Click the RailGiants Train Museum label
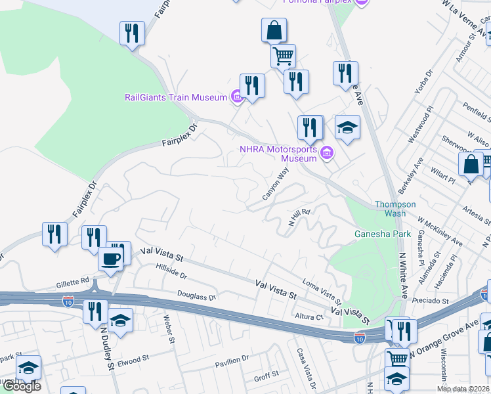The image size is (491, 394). (x=176, y=97)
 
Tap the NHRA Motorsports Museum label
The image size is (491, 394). (x=279, y=154)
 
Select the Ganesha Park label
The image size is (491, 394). (x=383, y=234)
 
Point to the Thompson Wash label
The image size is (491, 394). (x=395, y=209)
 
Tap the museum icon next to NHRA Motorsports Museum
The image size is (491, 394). (x=328, y=154)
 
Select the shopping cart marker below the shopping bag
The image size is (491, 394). (x=283, y=55)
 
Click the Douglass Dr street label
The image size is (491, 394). (x=196, y=297)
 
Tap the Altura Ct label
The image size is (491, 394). (x=310, y=317)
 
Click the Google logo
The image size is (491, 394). (x=21, y=386)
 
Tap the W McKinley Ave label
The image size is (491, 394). (x=440, y=234)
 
